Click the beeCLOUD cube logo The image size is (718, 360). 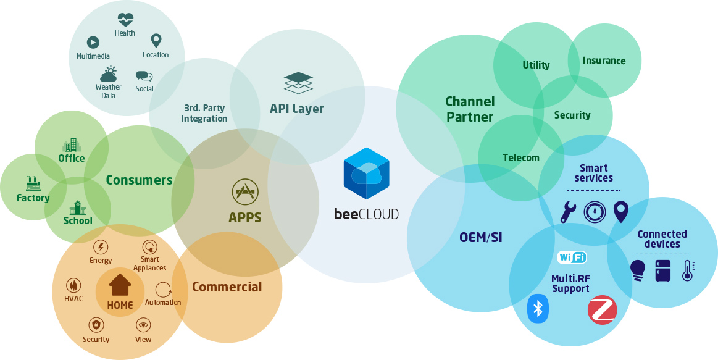coord(367,172)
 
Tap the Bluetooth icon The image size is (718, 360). coord(538,308)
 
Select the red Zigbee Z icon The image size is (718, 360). coord(602,310)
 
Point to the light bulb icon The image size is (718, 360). coord(637,270)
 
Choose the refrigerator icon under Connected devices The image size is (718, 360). coord(662,270)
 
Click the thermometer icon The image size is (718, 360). coord(687,270)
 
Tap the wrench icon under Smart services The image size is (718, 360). coord(567,212)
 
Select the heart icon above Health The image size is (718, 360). coord(125,19)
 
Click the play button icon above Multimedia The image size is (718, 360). coord(93,42)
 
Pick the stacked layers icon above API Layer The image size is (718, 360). coord(298,83)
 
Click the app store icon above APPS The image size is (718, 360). coord(244,192)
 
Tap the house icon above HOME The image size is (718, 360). coord(120,285)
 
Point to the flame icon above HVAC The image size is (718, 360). coord(73,285)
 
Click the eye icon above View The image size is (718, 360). coord(143,325)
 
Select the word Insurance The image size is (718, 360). coord(604,61)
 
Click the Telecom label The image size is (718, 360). coord(521,157)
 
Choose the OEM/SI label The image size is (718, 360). coord(481,237)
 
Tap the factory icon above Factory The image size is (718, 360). coord(33,183)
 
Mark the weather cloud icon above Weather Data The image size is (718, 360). coord(109,74)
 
